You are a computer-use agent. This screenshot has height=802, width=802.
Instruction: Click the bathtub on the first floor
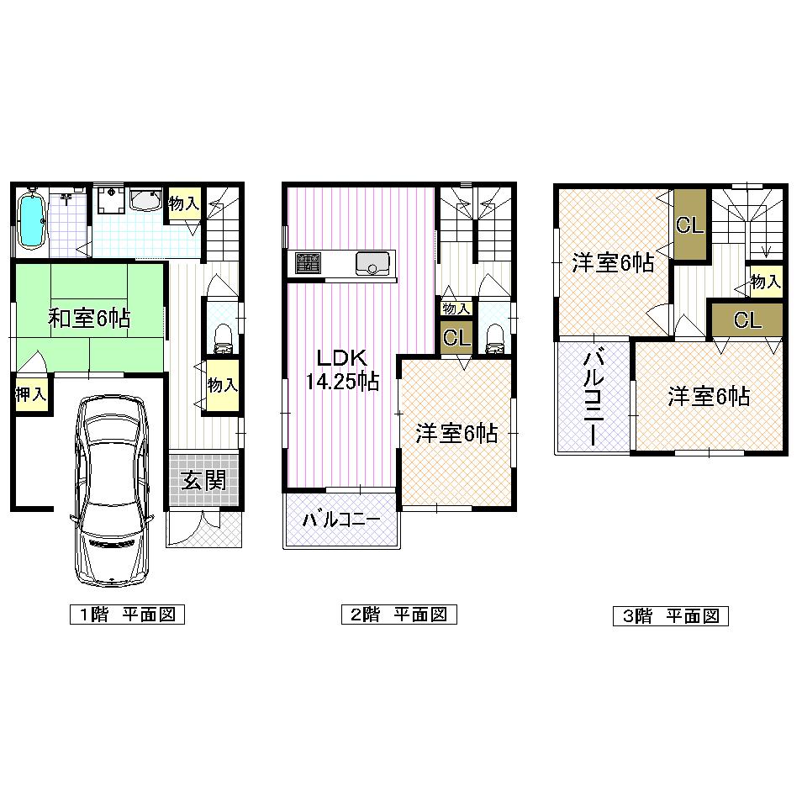(x=31, y=219)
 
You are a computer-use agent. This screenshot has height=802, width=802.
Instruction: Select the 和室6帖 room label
(x=88, y=319)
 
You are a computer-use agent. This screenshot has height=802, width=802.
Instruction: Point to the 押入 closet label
(x=30, y=394)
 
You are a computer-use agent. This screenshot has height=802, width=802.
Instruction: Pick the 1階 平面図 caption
(x=127, y=615)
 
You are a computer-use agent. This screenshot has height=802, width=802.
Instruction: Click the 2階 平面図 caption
(x=398, y=615)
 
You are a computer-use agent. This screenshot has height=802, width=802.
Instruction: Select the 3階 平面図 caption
(x=670, y=616)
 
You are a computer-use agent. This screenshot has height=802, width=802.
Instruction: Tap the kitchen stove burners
(x=308, y=262)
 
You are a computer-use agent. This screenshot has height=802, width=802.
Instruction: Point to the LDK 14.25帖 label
(x=341, y=370)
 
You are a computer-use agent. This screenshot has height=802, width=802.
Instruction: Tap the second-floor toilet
(x=494, y=339)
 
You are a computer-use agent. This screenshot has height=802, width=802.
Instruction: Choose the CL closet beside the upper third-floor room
(x=689, y=225)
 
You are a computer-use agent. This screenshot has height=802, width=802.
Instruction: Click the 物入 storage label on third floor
(x=765, y=281)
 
